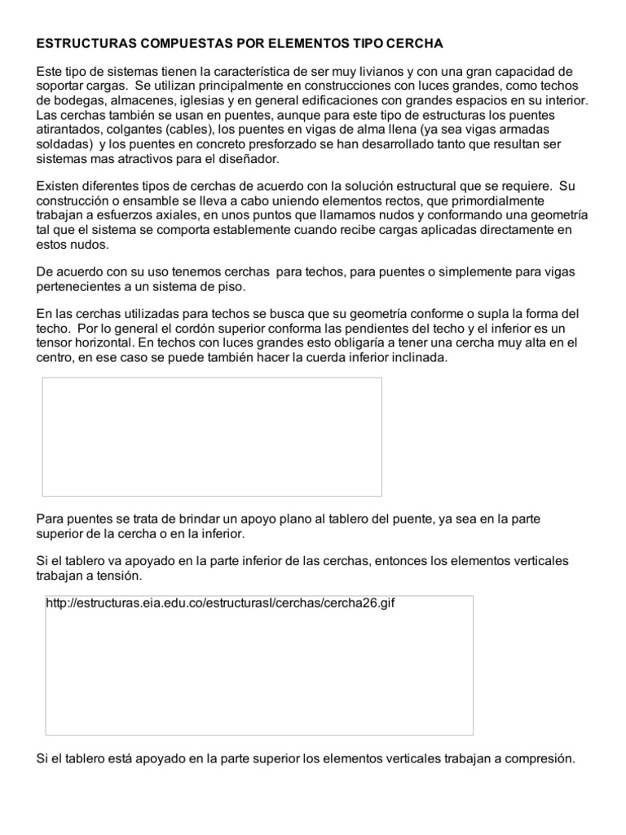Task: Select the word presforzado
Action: pos(255,144)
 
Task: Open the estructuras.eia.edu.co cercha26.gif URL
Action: pos(222,605)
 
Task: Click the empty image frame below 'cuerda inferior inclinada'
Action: pos(212,436)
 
